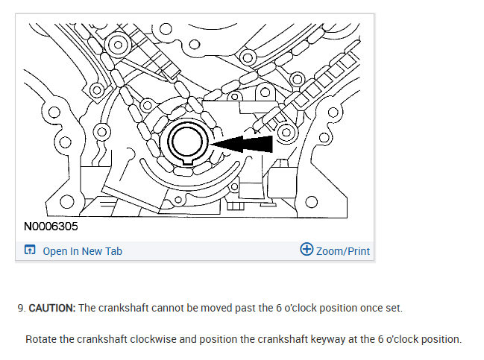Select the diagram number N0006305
pyautogui.click(x=51, y=225)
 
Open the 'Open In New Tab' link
pyautogui.click(x=82, y=251)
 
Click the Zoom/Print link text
pyautogui.click(x=342, y=251)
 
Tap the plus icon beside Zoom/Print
pyautogui.click(x=306, y=250)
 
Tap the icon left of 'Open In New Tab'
pyautogui.click(x=30, y=251)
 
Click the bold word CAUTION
pyautogui.click(x=51, y=308)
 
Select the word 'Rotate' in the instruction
pyautogui.click(x=40, y=339)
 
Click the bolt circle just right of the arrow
pyautogui.click(x=286, y=134)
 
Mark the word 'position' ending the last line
pyautogui.click(x=441, y=339)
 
